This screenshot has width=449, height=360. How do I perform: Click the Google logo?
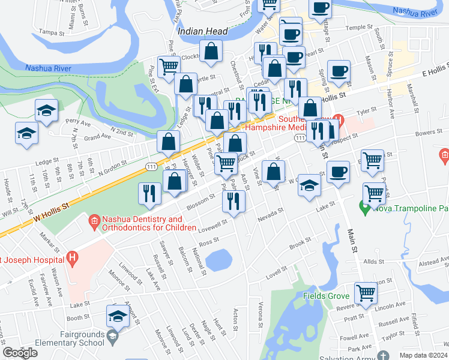coord(20,353)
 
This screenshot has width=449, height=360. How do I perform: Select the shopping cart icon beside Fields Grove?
coord(365,294)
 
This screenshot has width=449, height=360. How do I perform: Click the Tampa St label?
coord(51,32)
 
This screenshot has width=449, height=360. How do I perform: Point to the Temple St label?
coord(359,28)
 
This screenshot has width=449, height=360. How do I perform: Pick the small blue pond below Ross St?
coord(219,260)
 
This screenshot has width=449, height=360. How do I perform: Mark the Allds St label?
coord(373,262)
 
